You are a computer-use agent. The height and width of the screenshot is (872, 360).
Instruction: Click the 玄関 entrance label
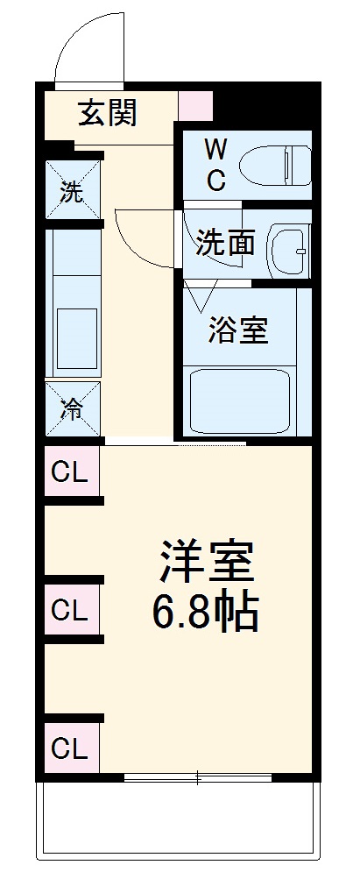coord(108,113)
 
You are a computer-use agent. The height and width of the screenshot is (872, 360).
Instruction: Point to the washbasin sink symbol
coord(288,250)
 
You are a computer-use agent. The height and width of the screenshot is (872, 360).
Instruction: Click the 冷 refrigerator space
coord(73,408)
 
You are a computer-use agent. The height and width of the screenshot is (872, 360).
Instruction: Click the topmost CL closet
coord(71,473)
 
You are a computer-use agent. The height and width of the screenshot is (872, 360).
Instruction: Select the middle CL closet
coord(71,610)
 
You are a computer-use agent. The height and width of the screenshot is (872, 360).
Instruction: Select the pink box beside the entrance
coord(195,104)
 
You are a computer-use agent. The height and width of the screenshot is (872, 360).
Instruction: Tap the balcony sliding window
coord(198,776)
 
